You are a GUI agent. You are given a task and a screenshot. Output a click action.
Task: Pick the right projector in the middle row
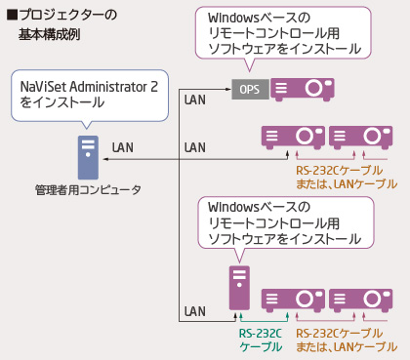pos(361,136)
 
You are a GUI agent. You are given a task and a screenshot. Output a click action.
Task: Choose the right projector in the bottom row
pos(361,299)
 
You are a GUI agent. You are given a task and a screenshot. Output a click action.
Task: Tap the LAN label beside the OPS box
pos(195,98)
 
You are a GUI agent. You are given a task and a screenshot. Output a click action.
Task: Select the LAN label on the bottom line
pos(195,311)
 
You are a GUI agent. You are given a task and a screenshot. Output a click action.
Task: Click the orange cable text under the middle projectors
pos(347,176)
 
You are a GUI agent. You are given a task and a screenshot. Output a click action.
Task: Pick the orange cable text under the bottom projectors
pos(347,340)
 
